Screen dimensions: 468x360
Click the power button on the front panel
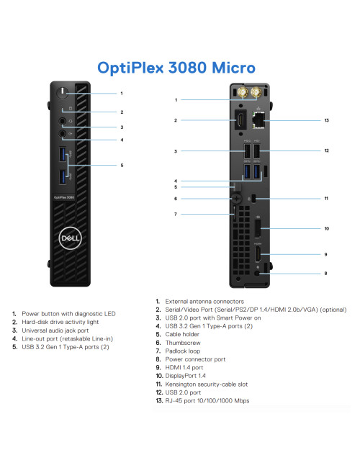[63, 94]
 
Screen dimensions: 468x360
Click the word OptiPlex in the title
[140, 68]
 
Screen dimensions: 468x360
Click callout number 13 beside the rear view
[326, 121]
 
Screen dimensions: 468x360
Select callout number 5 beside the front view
[122, 166]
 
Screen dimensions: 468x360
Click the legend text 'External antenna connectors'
[204, 301]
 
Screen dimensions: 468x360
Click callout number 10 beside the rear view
[326, 230]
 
